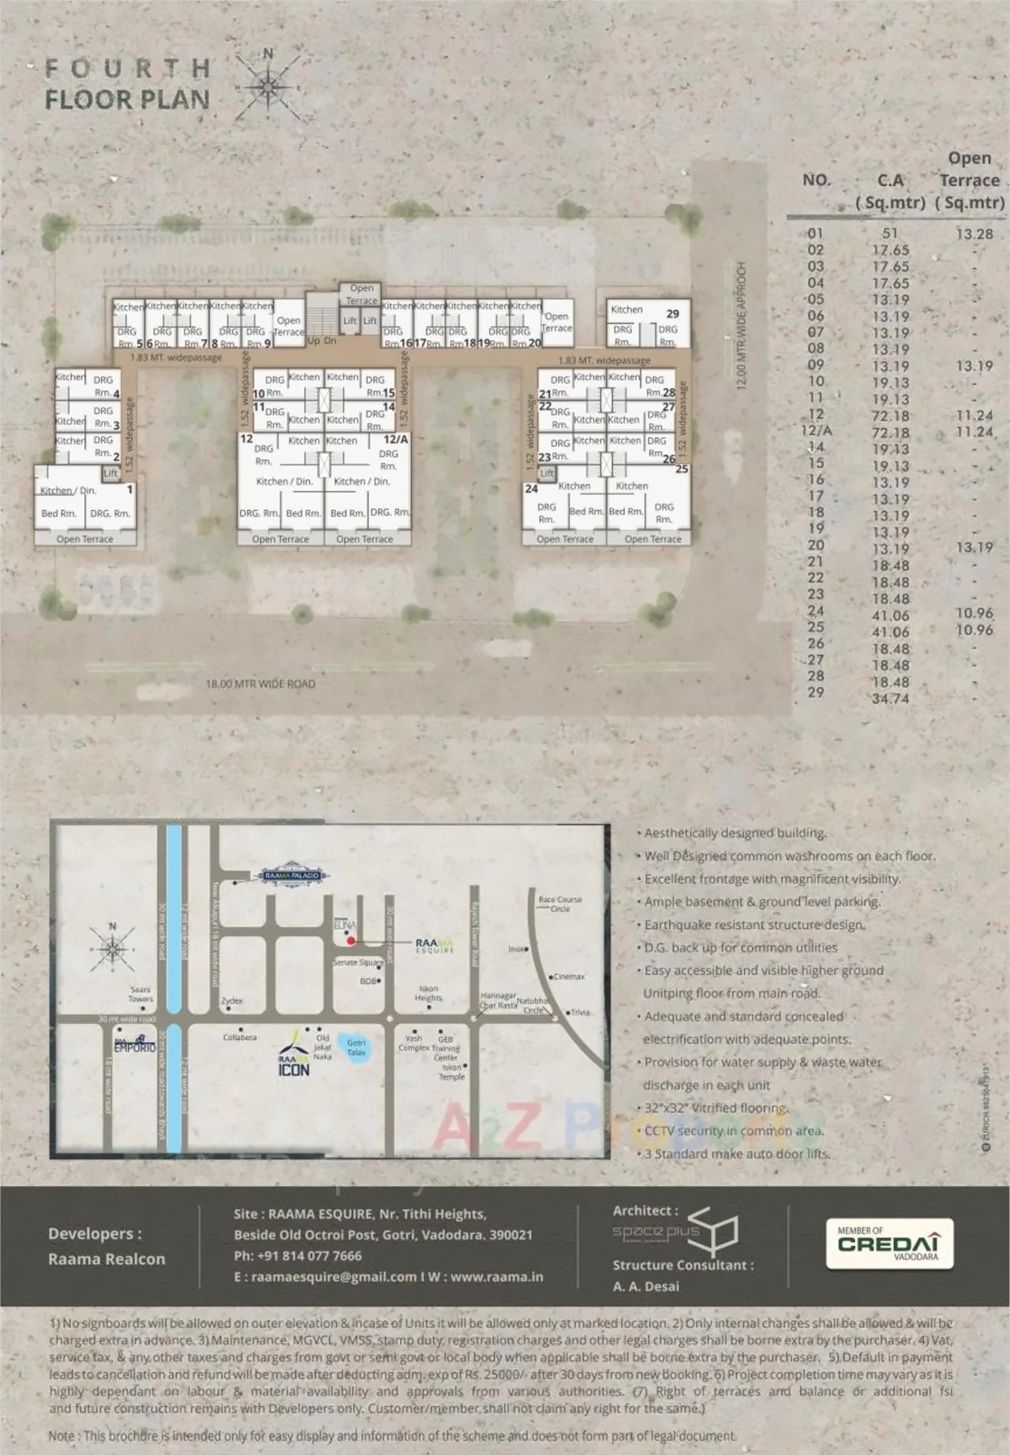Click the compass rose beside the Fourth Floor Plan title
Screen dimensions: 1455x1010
click(268, 86)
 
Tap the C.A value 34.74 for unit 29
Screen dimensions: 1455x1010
click(890, 699)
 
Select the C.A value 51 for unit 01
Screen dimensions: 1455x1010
click(890, 233)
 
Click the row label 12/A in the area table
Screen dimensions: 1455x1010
click(815, 431)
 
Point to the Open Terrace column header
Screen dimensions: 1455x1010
click(969, 180)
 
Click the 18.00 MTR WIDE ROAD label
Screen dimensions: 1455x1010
click(260, 684)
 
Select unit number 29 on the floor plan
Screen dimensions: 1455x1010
click(672, 314)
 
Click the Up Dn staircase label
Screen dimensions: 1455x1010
click(321, 341)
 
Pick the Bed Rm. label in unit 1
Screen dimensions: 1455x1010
click(58, 514)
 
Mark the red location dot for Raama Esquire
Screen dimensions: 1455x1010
click(351, 941)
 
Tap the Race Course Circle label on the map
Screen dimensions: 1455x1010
click(559, 904)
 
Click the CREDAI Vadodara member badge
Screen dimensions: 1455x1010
click(889, 1244)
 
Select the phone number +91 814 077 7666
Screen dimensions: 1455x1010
click(297, 1255)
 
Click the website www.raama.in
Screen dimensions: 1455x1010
click(496, 1277)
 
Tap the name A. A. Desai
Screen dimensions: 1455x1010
click(645, 1286)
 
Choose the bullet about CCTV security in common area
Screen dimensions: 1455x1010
click(734, 1131)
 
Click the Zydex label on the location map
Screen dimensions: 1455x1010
click(232, 1001)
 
